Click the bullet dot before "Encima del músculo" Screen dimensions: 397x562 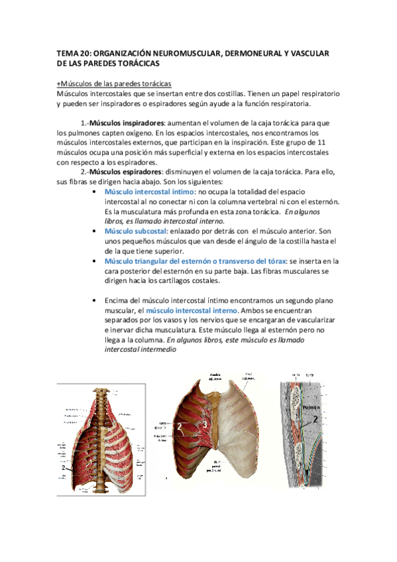tap(97, 300)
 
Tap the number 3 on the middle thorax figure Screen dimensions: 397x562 tap(206, 424)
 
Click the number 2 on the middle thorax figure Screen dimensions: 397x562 tap(180, 427)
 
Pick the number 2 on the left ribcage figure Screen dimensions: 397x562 tap(64, 468)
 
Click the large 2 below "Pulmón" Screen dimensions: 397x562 tap(316, 420)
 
